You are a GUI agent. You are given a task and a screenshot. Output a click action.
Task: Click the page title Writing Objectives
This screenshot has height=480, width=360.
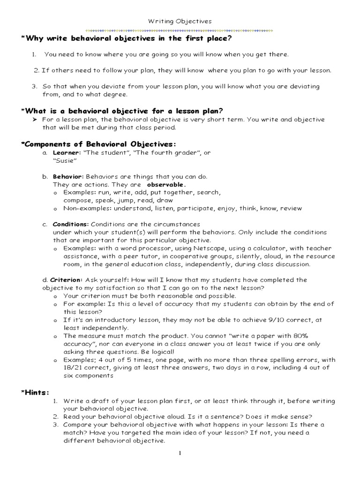(180, 21)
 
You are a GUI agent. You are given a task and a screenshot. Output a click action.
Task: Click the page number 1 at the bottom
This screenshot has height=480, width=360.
(180, 454)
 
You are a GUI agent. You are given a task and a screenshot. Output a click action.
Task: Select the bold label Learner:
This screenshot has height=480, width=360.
(67, 153)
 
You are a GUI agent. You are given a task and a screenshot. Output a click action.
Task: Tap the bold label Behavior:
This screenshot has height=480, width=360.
(68, 177)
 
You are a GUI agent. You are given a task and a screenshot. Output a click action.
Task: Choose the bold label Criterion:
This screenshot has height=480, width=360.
(66, 280)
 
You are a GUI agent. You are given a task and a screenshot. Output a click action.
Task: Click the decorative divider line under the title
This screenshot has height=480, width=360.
(180, 30)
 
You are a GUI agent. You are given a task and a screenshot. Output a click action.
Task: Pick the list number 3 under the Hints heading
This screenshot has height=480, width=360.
(54, 425)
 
